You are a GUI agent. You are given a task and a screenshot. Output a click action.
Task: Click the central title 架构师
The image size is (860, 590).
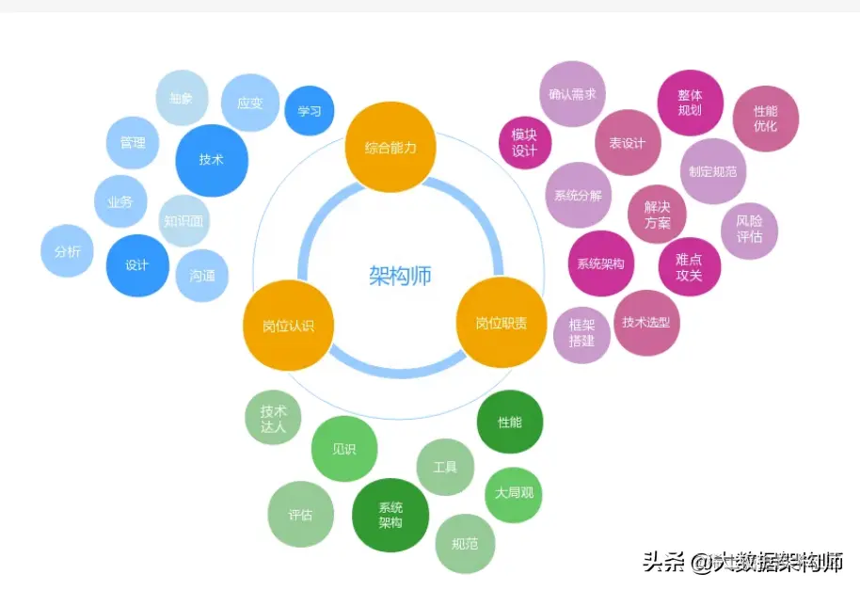tap(400, 276)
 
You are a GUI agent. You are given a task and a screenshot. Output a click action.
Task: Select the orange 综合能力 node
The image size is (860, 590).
tap(390, 147)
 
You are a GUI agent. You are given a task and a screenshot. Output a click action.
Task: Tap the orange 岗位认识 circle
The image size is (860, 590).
tap(288, 326)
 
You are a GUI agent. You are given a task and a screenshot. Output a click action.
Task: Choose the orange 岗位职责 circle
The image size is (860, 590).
tap(501, 323)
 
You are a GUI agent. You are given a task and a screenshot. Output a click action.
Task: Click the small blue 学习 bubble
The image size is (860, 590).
tap(310, 111)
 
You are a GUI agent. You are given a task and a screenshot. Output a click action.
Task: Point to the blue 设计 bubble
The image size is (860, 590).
tap(137, 265)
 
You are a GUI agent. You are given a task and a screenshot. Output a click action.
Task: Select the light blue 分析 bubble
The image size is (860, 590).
tap(67, 251)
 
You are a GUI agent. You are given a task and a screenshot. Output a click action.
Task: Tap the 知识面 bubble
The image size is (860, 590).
tap(183, 222)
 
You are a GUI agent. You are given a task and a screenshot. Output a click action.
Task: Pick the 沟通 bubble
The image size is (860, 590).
tap(202, 276)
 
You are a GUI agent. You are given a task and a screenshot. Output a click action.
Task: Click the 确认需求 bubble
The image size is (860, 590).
tap(572, 94)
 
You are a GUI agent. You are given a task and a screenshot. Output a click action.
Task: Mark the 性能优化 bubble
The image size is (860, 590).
tap(766, 119)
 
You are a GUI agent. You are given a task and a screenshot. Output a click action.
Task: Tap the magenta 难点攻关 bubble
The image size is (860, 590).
tap(690, 267)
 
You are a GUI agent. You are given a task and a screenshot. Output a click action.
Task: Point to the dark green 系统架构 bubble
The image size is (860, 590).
tap(390, 515)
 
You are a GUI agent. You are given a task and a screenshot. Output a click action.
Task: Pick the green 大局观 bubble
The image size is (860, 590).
tap(513, 493)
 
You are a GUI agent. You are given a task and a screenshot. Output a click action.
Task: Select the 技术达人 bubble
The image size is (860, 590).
tap(274, 419)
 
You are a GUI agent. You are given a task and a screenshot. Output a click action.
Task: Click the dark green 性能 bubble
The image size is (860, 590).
tap(510, 423)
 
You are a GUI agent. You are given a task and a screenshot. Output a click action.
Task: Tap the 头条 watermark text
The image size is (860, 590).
tap(663, 562)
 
